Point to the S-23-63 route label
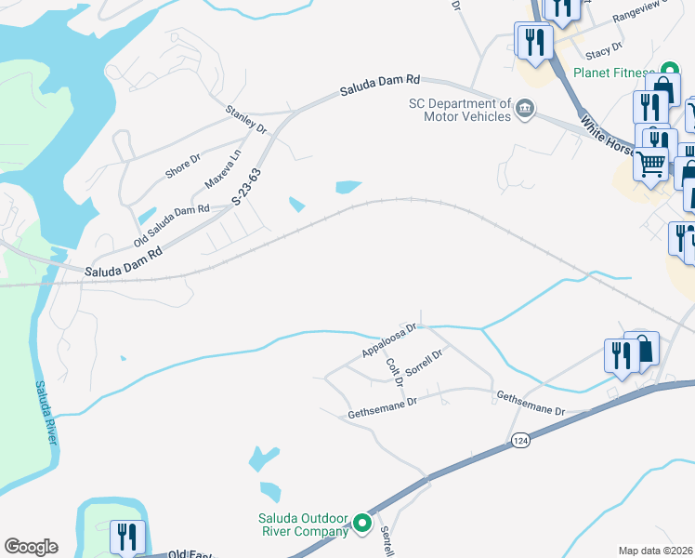247,186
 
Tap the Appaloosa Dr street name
391,340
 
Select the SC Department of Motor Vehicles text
460,110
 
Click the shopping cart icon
651,164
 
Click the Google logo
31,547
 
